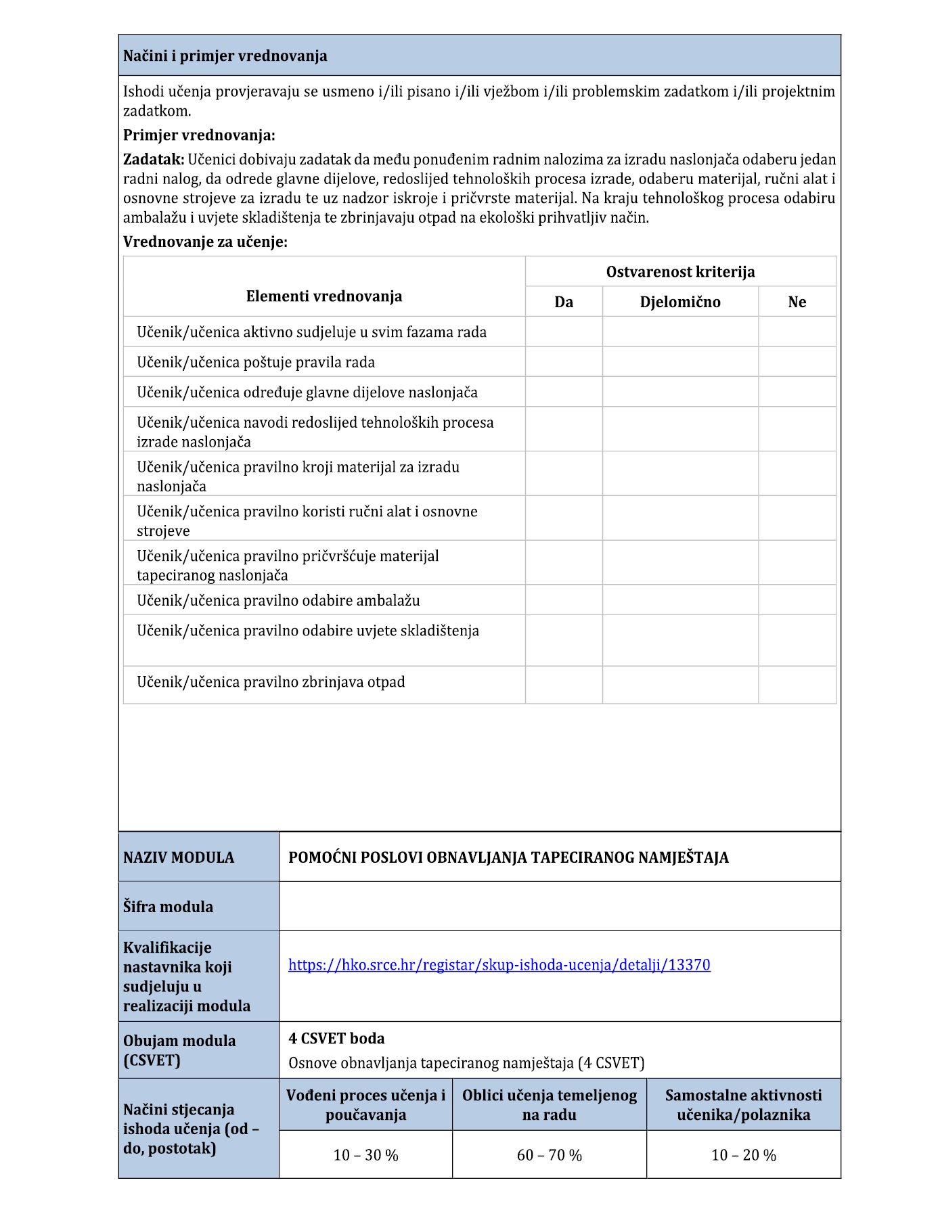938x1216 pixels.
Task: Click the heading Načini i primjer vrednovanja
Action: (225, 56)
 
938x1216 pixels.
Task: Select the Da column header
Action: (564, 302)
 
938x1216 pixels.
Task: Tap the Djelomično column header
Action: (680, 302)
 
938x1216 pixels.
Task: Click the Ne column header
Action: (797, 302)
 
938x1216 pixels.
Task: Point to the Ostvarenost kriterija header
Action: (680, 272)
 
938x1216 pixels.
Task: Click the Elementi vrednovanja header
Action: (324, 296)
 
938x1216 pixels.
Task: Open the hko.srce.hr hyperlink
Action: (499, 965)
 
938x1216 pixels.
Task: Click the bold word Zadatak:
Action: (154, 160)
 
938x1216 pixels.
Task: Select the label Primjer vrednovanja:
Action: (199, 135)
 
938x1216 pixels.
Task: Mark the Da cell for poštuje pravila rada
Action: (564, 362)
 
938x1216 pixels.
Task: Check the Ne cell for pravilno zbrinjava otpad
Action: (797, 685)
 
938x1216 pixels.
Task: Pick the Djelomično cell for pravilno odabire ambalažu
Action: (680, 600)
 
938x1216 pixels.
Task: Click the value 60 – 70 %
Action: (549, 1155)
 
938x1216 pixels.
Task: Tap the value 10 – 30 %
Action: (365, 1155)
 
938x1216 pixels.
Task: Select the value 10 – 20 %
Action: (743, 1155)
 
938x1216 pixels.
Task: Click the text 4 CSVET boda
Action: (336, 1039)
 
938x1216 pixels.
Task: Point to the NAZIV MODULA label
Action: (179, 857)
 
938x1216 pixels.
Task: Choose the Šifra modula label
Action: (168, 907)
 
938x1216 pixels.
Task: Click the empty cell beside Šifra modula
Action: (560, 906)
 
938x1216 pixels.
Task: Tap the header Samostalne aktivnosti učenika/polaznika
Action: (743, 1105)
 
